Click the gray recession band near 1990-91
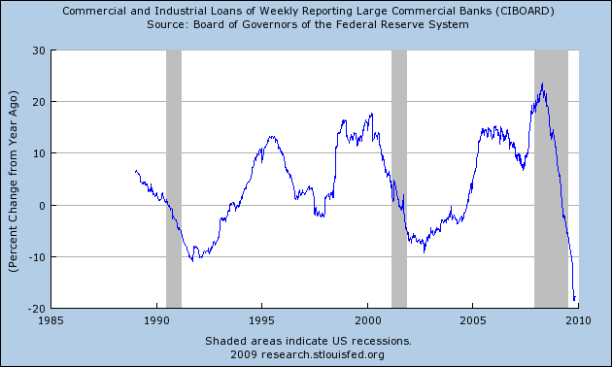pyautogui.click(x=174, y=179)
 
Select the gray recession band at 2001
pyautogui.click(x=398, y=179)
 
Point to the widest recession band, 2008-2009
pyautogui.click(x=551, y=179)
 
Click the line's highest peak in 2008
pyautogui.click(x=542, y=84)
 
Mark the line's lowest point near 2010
pyautogui.click(x=574, y=300)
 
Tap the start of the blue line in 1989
pyautogui.click(x=135, y=171)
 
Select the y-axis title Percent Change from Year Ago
pyautogui.click(x=14, y=179)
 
